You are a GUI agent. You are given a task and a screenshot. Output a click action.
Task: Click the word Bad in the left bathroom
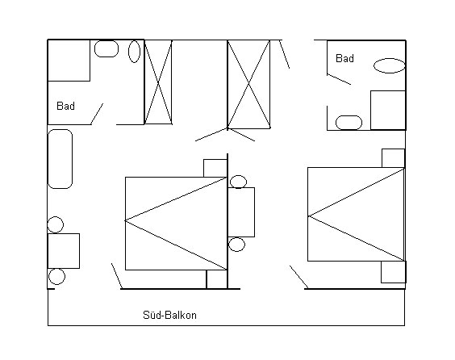click(65, 106)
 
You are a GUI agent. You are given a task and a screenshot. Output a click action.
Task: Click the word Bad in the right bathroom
click(344, 58)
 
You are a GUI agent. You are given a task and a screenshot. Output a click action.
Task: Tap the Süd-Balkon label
click(169, 315)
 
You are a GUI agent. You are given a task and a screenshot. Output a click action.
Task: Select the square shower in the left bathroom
click(69, 61)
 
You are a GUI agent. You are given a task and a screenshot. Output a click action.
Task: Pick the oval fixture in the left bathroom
click(135, 51)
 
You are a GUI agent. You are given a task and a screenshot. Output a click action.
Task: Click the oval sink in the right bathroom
click(389, 65)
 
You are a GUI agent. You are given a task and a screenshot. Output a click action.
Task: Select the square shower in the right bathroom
click(388, 111)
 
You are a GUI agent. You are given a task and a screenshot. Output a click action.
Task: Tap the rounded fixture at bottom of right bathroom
click(349, 123)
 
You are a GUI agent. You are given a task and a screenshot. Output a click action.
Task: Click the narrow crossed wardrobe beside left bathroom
click(158, 82)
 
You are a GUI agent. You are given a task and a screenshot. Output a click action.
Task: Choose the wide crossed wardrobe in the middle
click(248, 84)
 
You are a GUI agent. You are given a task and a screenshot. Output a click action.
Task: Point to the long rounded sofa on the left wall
click(60, 159)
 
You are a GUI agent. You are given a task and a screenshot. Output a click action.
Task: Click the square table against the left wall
click(64, 251)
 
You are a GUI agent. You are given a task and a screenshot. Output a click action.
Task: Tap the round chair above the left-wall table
click(56, 224)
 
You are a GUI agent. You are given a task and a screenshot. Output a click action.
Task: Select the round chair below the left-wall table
click(56, 276)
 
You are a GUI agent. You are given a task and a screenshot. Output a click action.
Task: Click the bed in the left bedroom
click(176, 224)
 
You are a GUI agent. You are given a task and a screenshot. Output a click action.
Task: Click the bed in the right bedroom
click(356, 214)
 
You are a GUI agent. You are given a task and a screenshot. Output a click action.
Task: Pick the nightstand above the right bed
click(393, 158)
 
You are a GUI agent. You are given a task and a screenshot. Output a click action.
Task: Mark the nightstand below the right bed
click(394, 272)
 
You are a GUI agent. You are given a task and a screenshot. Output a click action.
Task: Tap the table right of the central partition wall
click(241, 212)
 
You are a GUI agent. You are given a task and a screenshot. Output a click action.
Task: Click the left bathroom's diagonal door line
click(97, 114)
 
